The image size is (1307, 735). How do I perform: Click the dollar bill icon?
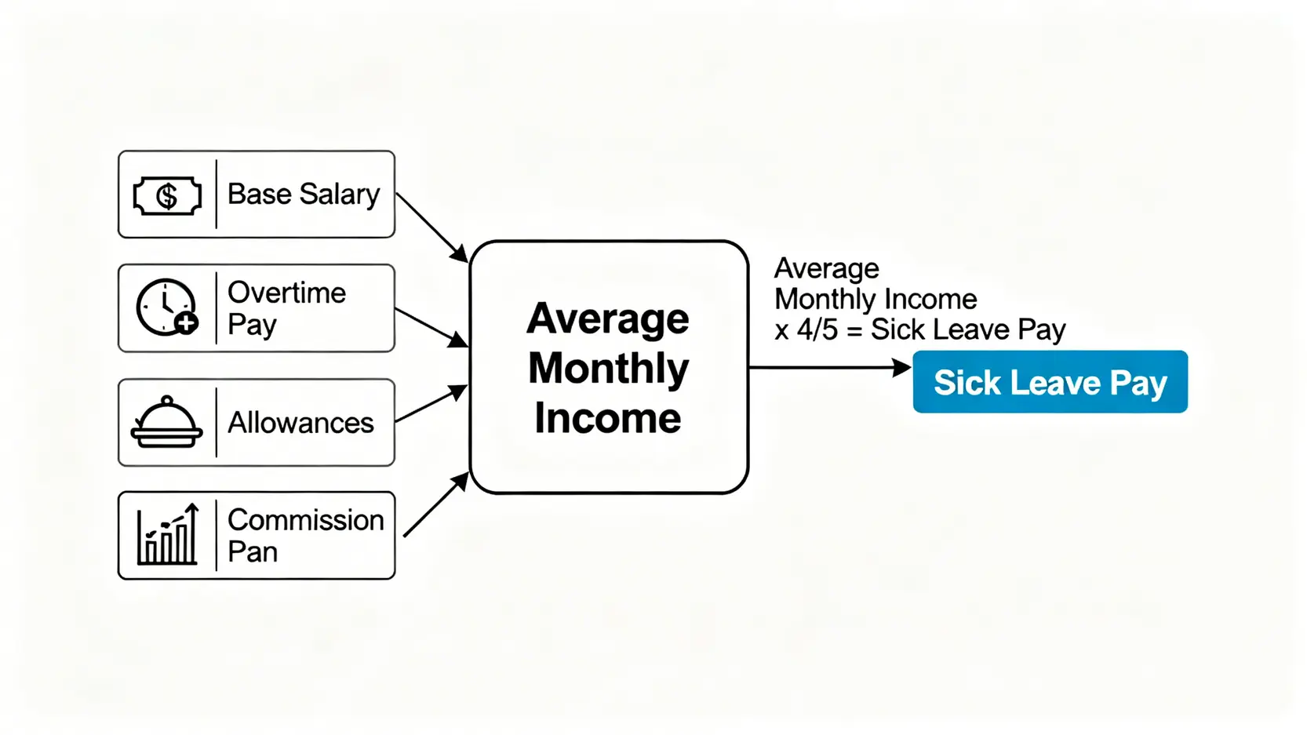point(167,196)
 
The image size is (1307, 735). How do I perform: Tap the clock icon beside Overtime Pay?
point(167,307)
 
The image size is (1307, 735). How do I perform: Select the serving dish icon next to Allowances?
point(167,422)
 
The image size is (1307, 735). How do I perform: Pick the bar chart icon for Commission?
point(168,533)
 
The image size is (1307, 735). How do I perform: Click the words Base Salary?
point(304,195)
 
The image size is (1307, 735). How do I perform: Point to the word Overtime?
point(286,293)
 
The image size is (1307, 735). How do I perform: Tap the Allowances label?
point(300,422)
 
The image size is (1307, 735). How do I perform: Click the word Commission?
point(306,520)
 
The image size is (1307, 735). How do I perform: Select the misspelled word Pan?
point(252,551)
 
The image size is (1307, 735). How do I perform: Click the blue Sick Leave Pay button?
point(1050,382)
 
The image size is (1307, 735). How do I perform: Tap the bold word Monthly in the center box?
point(609,369)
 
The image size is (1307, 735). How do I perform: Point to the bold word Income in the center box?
point(608,417)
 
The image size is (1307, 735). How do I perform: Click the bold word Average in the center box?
point(608,318)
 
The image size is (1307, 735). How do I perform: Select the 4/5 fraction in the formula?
point(817,330)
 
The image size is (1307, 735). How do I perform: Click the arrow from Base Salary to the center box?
point(432,227)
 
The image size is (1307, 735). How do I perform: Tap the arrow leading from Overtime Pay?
point(431,328)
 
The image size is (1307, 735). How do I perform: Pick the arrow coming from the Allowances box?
point(431,403)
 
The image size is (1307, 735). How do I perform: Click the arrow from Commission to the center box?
point(436,504)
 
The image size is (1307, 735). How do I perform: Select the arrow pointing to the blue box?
point(830,367)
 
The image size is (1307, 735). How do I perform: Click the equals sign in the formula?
point(854,331)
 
